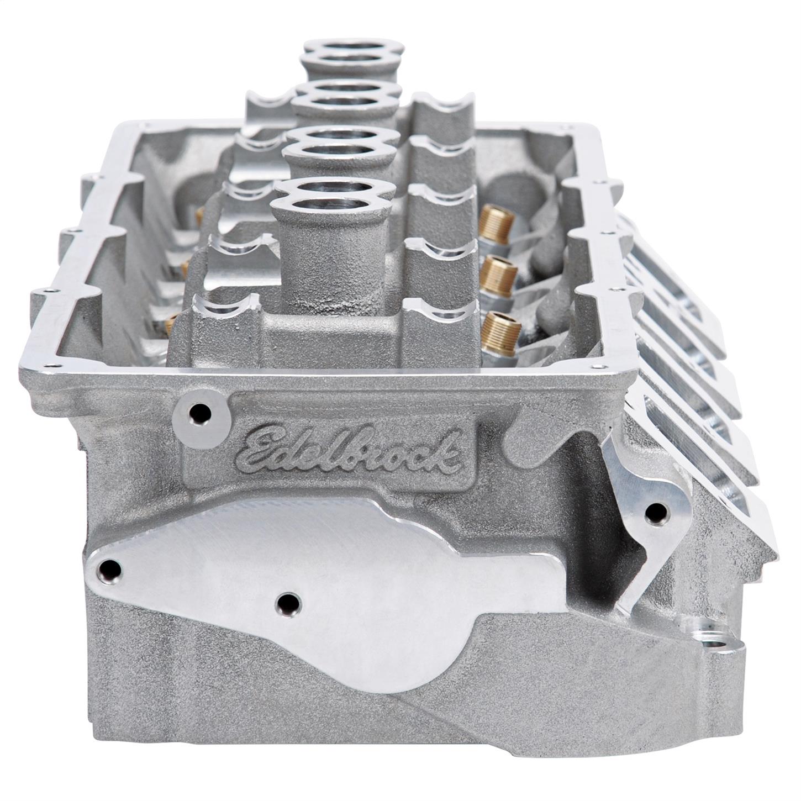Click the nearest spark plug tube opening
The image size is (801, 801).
coord(333,196)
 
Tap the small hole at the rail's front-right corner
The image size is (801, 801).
coord(594,367)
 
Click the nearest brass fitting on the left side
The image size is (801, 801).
coord(170,320)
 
